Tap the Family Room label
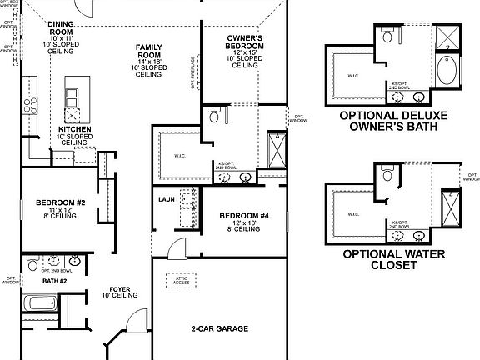[150, 49]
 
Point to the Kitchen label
[74, 129]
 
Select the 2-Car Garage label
[219, 328]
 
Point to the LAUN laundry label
[165, 200]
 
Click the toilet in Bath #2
[32, 266]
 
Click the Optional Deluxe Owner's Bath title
[400, 118]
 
